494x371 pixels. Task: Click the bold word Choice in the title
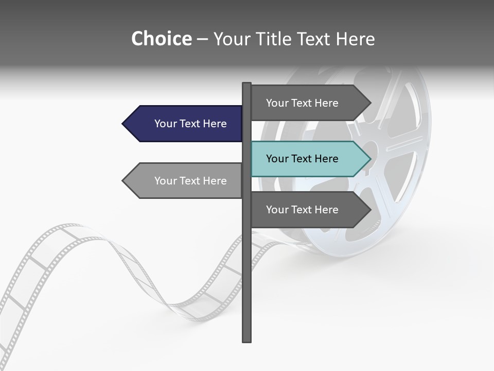click(x=161, y=39)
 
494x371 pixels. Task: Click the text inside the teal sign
click(x=302, y=159)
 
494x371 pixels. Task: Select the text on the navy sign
click(x=190, y=124)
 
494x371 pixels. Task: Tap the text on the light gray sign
click(x=190, y=181)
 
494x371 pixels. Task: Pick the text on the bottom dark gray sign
click(x=302, y=210)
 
